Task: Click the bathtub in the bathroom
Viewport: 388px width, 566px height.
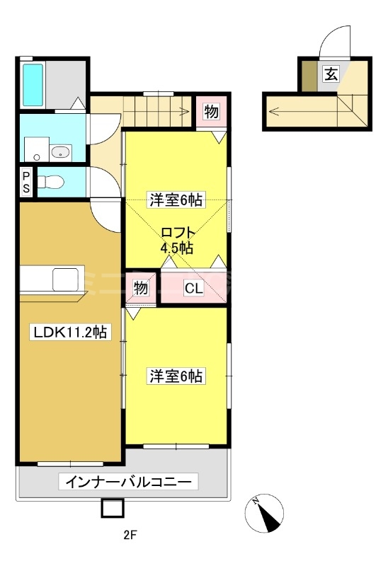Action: [x=33, y=85]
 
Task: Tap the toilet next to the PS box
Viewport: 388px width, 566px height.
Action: [x=50, y=182]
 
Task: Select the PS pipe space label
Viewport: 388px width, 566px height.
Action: [x=26, y=183]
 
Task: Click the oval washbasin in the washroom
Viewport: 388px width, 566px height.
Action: [x=60, y=153]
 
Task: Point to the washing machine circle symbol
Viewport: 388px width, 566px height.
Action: [x=36, y=157]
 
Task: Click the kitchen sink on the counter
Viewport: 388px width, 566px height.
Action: [x=65, y=279]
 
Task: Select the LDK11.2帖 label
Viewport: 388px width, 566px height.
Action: [x=70, y=332]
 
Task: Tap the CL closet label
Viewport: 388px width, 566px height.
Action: [x=194, y=289]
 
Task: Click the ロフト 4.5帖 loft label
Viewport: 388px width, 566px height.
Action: [x=177, y=240]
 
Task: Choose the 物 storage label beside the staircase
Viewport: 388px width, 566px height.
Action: [x=211, y=112]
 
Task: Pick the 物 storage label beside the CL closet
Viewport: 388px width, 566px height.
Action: [x=141, y=288]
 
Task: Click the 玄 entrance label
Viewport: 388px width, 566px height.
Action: [x=331, y=74]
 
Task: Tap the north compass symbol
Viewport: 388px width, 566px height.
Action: [x=264, y=513]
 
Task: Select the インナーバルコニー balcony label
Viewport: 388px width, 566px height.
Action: [x=128, y=482]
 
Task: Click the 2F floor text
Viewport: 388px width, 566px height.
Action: [x=130, y=535]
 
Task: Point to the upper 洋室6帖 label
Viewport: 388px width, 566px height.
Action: [x=176, y=200]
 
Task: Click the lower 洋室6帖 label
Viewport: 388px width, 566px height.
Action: [x=176, y=376]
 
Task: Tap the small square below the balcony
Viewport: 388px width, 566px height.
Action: [x=113, y=508]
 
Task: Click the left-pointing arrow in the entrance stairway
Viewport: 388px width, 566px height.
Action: [x=303, y=111]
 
